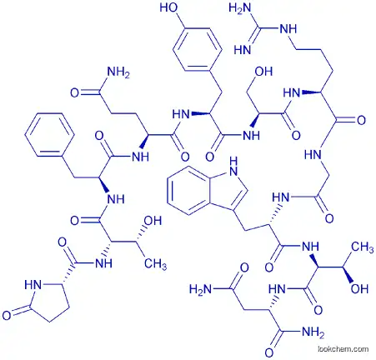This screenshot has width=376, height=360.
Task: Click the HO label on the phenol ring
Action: pos(168,7)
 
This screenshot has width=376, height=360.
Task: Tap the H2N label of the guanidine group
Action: pos(240,8)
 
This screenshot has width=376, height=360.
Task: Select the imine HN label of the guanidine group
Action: pos(243,50)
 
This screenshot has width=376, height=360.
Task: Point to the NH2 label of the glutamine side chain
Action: pos(118,72)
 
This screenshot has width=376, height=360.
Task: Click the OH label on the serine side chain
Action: pos(263,72)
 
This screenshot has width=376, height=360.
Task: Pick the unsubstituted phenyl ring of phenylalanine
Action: pos(49,134)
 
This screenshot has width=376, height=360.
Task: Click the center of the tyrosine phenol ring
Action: pos(197,49)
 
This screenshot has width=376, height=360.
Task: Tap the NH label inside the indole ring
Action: pos(233,167)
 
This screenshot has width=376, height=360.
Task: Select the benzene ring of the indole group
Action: pos(190,191)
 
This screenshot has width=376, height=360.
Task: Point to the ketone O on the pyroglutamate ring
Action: pos(7,315)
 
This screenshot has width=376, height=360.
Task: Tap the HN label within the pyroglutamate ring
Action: pos(33,285)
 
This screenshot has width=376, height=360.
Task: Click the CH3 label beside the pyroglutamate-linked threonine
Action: pos(155,264)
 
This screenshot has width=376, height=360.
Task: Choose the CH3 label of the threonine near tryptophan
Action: pos(363,247)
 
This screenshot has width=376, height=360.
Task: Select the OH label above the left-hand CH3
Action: pos(153,221)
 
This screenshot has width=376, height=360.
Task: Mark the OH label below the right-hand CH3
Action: pos(359,289)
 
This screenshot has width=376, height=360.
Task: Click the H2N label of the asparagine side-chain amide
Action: pos(201,290)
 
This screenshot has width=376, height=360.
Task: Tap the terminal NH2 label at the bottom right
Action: pos(313,332)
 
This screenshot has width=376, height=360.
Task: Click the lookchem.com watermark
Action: pos(343,349)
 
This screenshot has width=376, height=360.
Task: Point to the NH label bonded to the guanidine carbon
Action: pos(288,29)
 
